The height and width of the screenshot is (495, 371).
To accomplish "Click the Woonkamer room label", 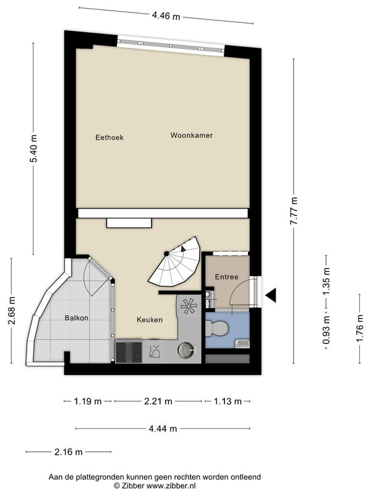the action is [192, 136].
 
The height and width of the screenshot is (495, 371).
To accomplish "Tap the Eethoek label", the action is [109, 137].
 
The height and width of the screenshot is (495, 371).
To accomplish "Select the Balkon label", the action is [76, 317].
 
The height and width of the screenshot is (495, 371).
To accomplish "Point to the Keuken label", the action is [150, 320].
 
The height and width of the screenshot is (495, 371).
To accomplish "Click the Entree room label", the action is [226, 277].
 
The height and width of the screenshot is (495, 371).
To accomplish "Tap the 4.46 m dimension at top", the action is [166, 15].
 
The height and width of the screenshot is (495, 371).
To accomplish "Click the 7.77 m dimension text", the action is [294, 211].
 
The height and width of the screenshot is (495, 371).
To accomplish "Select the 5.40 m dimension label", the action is [33, 148].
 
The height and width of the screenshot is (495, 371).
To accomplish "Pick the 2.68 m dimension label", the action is [11, 311].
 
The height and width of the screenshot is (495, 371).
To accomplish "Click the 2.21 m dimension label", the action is [158, 401].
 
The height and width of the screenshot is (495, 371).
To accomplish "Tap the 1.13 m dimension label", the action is [228, 401].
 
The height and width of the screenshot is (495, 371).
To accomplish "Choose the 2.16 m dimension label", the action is [69, 452].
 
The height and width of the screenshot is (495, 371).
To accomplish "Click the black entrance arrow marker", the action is [271, 296].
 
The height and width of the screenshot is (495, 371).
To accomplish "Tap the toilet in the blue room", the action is [217, 327].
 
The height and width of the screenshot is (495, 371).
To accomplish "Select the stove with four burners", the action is [129, 352].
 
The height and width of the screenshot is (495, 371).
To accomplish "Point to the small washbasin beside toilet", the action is [242, 343].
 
